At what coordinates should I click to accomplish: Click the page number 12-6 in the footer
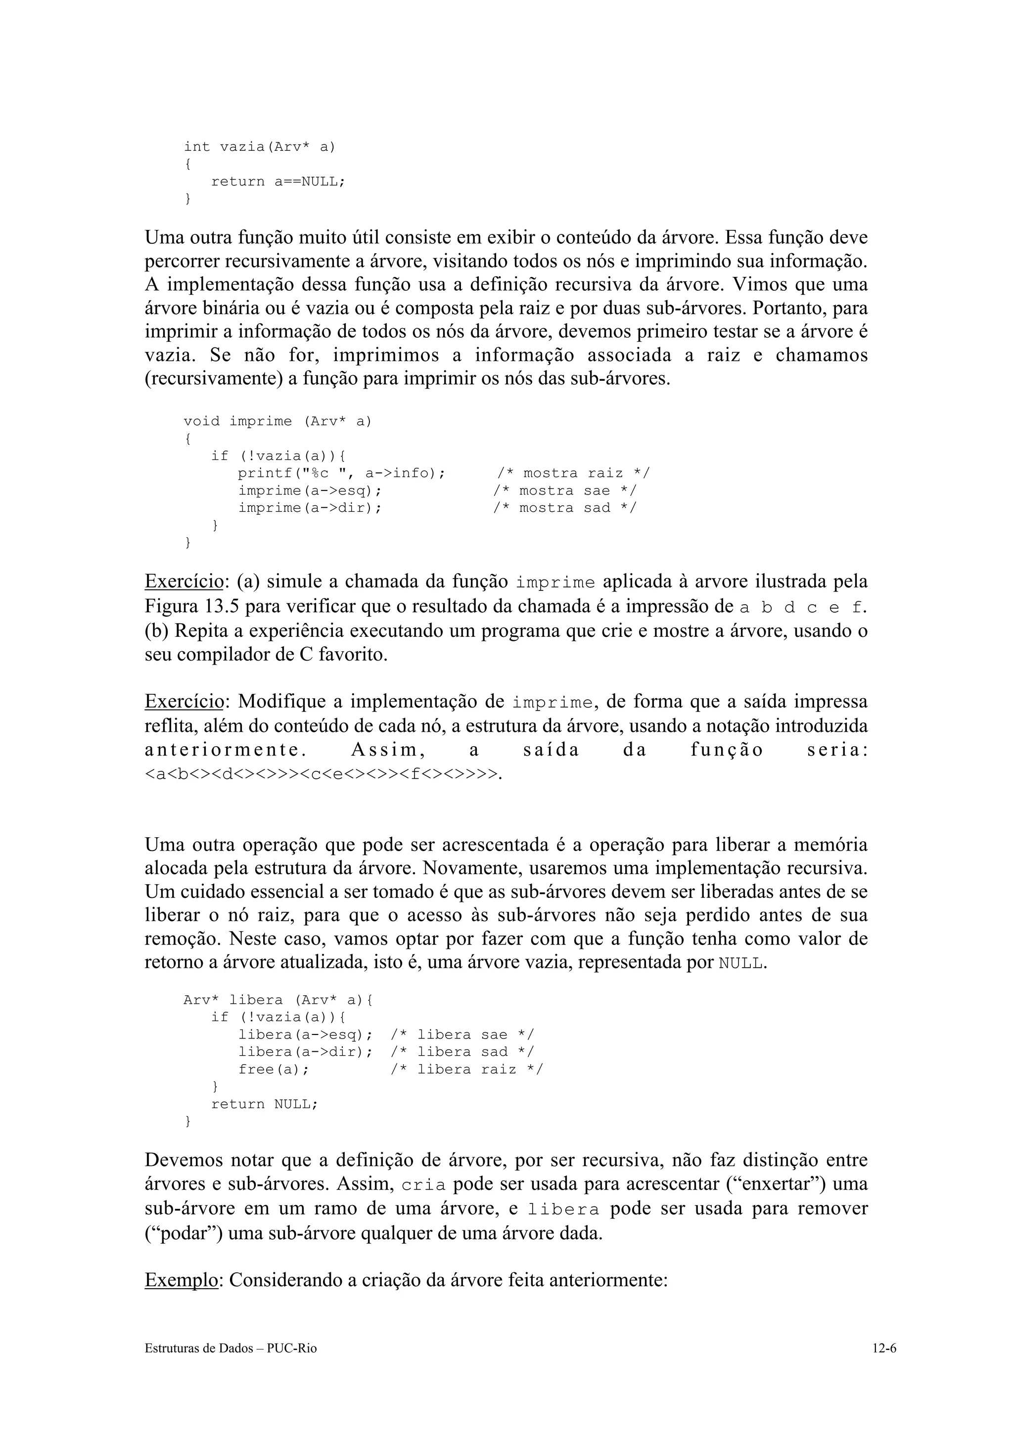pos(884,1366)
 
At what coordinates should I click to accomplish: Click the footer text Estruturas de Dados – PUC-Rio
pos(230,1366)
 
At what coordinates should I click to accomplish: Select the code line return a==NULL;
pos(278,181)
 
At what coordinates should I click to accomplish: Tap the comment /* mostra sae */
pos(565,491)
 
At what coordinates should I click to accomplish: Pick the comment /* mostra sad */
pos(565,508)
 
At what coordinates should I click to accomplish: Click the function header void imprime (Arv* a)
pos(277,421)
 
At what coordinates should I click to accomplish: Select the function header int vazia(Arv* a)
pos(259,147)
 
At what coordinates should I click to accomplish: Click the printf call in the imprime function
pos(341,473)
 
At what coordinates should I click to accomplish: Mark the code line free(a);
pos(274,1070)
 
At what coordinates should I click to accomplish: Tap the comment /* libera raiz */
pos(467,1070)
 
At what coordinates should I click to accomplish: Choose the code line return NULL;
pos(265,1104)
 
